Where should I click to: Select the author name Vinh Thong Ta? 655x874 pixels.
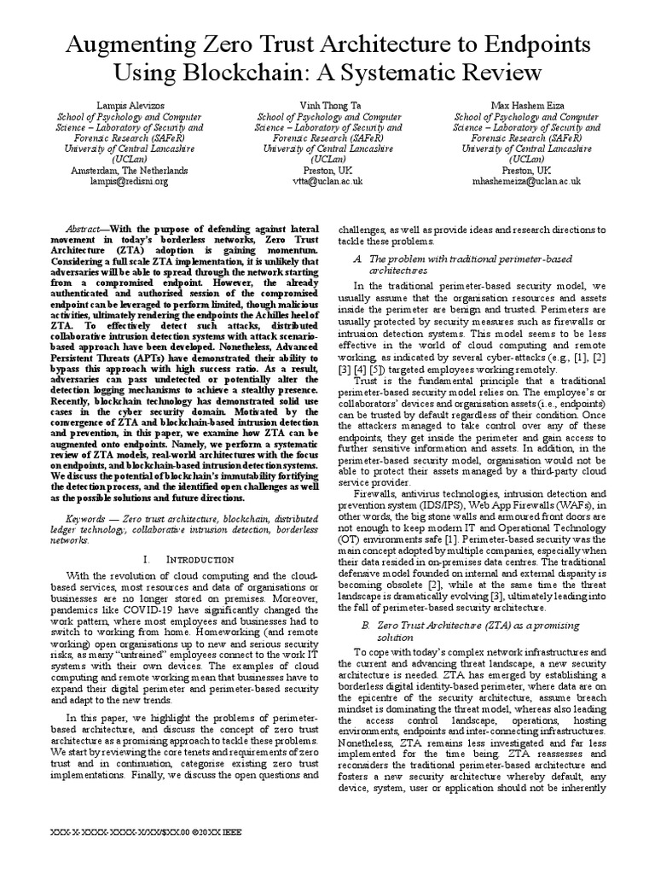327,104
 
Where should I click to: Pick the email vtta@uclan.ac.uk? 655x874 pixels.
327,181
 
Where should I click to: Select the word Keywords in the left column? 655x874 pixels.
89,519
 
